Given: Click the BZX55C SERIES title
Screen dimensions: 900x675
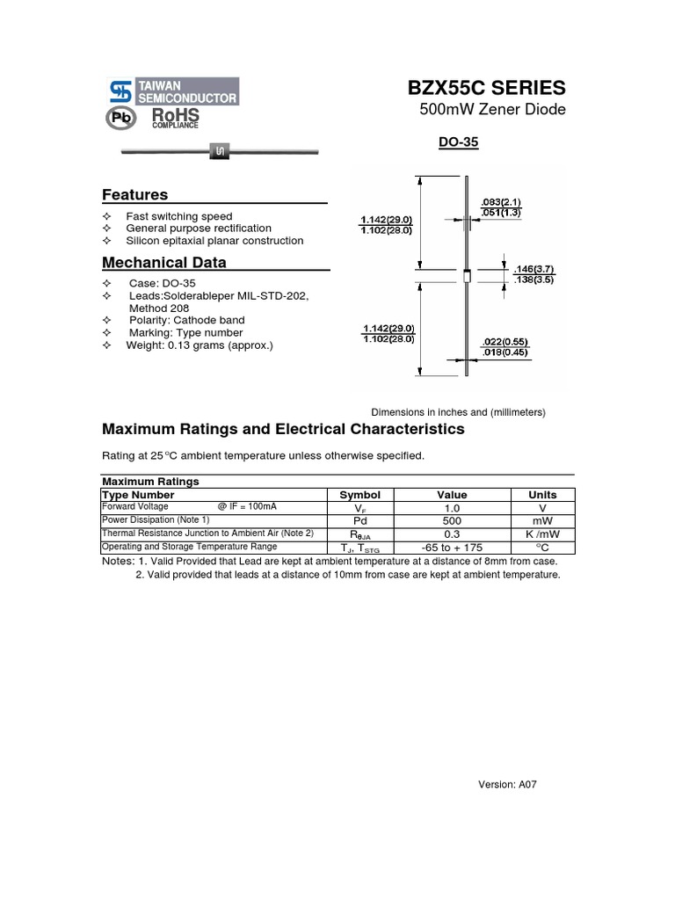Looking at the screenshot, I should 486,88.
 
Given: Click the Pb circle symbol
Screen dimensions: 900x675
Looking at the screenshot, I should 120,119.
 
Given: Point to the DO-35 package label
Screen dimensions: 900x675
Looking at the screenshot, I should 458,142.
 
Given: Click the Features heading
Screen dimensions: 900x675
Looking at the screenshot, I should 134,195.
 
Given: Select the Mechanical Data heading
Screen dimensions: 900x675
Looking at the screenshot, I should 163,263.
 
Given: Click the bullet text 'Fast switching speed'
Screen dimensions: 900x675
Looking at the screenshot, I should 178,216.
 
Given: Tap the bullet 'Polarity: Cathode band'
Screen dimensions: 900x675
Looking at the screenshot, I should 186,321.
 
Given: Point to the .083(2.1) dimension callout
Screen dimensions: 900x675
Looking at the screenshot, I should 501,202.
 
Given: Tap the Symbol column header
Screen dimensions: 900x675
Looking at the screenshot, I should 359,495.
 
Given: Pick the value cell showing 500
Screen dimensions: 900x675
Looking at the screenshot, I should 452,520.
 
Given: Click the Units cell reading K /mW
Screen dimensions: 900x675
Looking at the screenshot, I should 542,533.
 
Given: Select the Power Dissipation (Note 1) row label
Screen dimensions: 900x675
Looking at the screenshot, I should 156,520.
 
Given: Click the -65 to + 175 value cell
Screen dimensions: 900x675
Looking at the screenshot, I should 452,547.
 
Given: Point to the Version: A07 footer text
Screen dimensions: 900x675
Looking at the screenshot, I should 506,785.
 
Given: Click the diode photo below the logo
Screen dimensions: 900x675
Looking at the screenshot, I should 219,153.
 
